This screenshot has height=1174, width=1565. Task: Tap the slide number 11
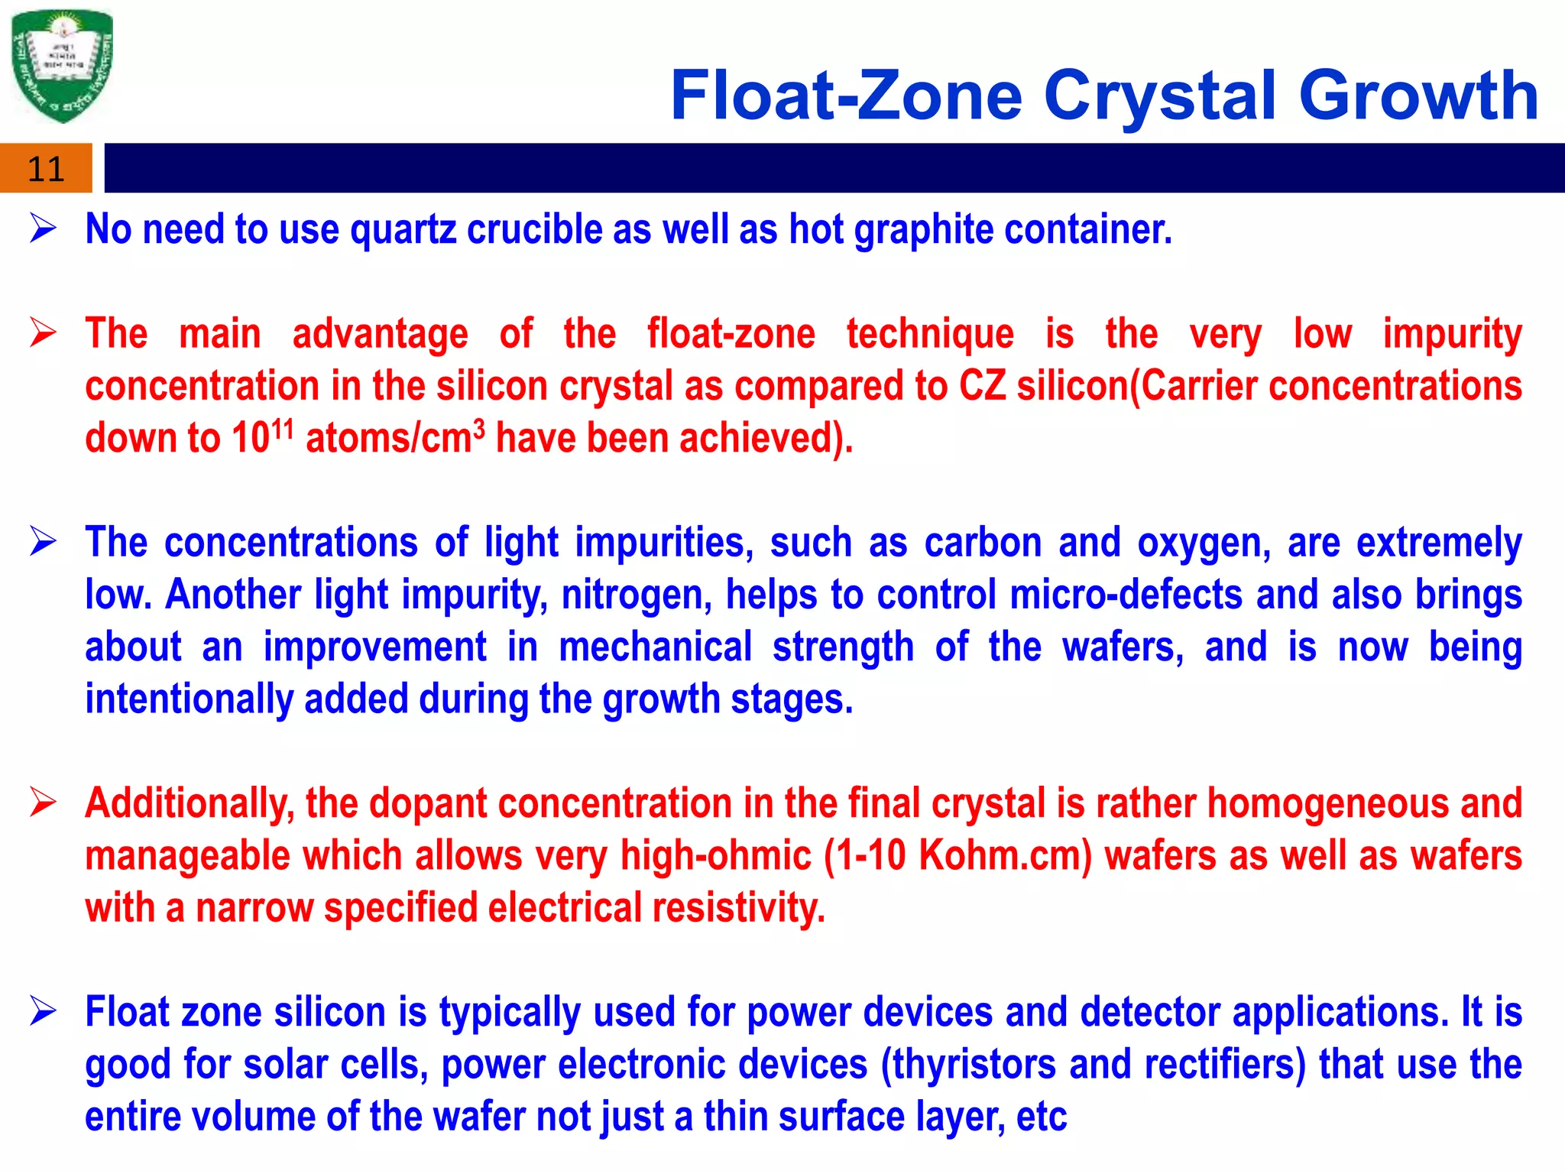click(x=45, y=169)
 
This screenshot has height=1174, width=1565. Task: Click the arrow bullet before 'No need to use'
click(x=44, y=229)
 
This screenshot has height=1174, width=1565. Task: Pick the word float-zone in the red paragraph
click(x=731, y=334)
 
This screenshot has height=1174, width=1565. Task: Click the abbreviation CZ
click(x=982, y=385)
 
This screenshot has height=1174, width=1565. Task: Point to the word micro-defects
click(x=1126, y=595)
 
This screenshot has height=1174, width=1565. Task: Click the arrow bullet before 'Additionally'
click(x=44, y=803)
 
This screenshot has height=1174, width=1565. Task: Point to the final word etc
click(x=1041, y=1117)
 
